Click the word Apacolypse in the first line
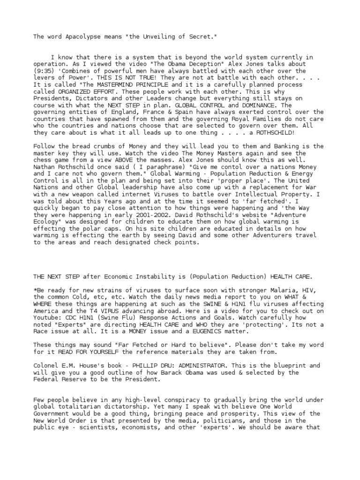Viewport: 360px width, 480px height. coord(70,37)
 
